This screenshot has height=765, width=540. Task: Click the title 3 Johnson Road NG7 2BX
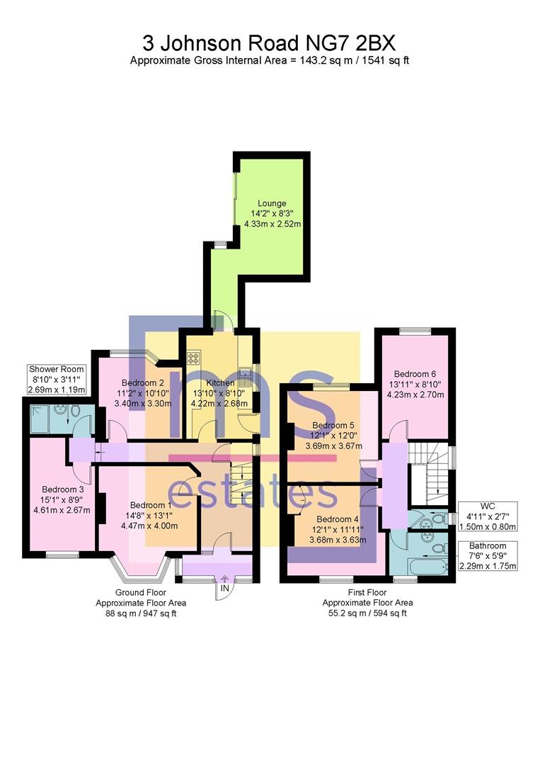[x=268, y=44]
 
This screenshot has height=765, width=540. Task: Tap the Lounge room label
[x=272, y=203]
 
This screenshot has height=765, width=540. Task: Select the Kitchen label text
[x=220, y=382]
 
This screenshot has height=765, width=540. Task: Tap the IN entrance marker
[x=224, y=589]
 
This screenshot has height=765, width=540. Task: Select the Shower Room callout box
[x=57, y=379]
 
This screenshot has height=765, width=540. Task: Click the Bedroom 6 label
[x=415, y=374]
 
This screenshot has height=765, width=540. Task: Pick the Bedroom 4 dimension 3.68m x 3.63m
[x=338, y=540]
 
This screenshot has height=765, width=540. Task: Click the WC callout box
[x=488, y=516]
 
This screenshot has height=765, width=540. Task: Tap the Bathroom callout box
[x=488, y=556]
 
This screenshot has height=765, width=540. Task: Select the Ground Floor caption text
[x=140, y=592]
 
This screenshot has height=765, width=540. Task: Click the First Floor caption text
[x=367, y=592]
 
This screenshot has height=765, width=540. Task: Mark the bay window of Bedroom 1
[x=142, y=568]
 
